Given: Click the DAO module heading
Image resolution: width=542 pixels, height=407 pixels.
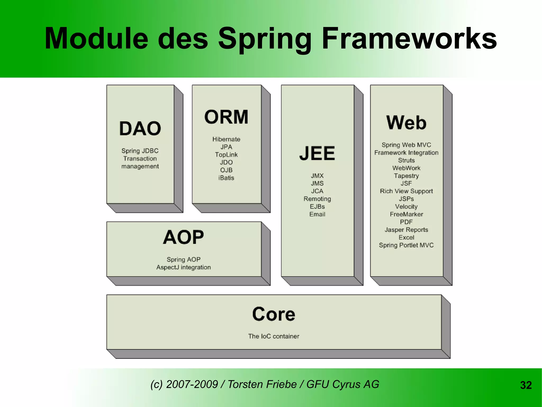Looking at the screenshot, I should [140, 129].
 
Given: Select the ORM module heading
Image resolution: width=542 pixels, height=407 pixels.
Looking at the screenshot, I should [226, 117].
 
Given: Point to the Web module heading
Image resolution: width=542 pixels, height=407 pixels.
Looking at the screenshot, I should [406, 123].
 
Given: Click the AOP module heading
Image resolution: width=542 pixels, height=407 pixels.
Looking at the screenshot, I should [183, 237].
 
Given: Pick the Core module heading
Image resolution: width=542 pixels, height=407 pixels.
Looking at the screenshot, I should [274, 314].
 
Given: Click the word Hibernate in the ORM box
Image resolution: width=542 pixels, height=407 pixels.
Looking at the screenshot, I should [226, 139].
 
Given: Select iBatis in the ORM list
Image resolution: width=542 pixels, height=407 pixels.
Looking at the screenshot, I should [226, 178].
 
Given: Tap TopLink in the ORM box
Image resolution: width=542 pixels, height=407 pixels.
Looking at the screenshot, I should [226, 155].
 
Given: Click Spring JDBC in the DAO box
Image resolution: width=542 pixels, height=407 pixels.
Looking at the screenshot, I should [140, 151].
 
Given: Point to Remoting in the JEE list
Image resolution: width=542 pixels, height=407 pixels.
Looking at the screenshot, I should [317, 199].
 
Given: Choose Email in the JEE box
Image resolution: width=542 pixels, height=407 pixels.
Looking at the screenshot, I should [317, 214].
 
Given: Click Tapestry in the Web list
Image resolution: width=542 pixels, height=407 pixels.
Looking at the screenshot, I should [406, 176].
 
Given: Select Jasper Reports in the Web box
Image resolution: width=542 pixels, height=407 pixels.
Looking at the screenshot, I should [406, 230].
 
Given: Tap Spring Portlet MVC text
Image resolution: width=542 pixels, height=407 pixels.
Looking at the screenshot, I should [406, 245].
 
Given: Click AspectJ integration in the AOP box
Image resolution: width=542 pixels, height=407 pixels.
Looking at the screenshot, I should [183, 267].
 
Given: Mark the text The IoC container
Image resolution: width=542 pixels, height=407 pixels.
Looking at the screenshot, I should [274, 336].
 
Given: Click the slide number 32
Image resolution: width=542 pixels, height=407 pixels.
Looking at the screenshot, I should [526, 385].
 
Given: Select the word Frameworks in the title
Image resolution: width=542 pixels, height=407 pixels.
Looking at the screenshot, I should [409, 39].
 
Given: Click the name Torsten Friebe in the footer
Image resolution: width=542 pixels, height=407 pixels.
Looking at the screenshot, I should [262, 384].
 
